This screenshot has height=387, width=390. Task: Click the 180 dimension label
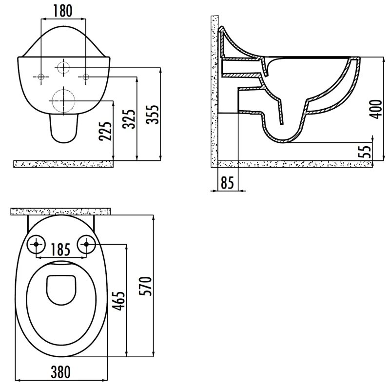(x=63, y=10)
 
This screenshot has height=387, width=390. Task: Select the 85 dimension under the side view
(x=227, y=183)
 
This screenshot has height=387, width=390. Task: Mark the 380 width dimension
(x=62, y=372)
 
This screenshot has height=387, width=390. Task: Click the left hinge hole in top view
(x=38, y=244)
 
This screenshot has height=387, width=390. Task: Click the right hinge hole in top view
(x=87, y=244)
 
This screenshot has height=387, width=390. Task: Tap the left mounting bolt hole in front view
(x=41, y=76)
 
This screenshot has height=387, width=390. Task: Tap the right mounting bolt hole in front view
(x=85, y=76)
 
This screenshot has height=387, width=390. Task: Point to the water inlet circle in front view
(x=63, y=68)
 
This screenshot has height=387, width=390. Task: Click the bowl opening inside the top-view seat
(x=62, y=289)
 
